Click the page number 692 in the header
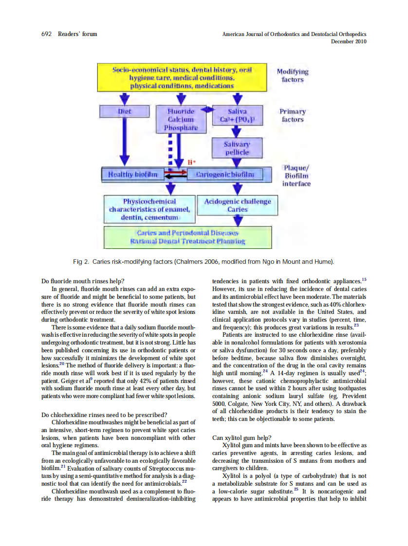(x=48, y=34)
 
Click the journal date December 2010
(x=348, y=41)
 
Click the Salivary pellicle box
(x=237, y=148)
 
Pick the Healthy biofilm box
(x=130, y=174)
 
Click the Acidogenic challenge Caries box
(x=237, y=205)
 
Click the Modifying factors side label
(x=292, y=75)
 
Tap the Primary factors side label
(x=292, y=115)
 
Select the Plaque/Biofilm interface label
(x=296, y=176)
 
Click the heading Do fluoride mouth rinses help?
(x=83, y=281)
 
